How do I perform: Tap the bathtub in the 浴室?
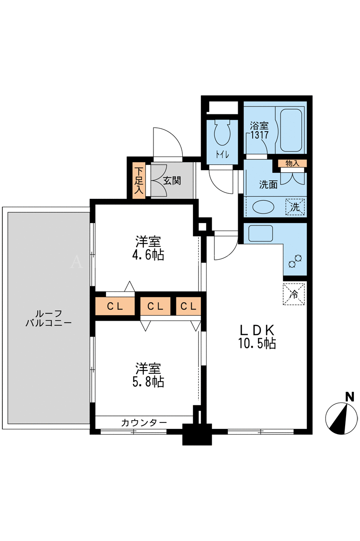(x=291, y=130)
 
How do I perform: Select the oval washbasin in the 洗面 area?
(x=263, y=207)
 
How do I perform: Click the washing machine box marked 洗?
(x=295, y=207)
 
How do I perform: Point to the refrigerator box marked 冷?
(x=294, y=294)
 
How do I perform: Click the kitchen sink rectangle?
(x=260, y=233)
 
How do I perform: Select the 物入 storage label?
(x=293, y=163)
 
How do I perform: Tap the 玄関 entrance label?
(x=172, y=180)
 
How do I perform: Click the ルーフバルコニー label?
(x=49, y=318)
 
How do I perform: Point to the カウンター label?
(x=144, y=422)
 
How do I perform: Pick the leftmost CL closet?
(x=115, y=306)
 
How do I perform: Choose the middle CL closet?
(x=155, y=306)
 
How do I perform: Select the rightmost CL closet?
(x=188, y=306)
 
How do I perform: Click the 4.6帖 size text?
(x=148, y=255)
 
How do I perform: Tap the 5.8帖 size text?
(x=148, y=382)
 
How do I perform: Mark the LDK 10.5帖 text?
(x=257, y=337)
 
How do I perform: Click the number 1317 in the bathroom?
(x=259, y=135)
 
